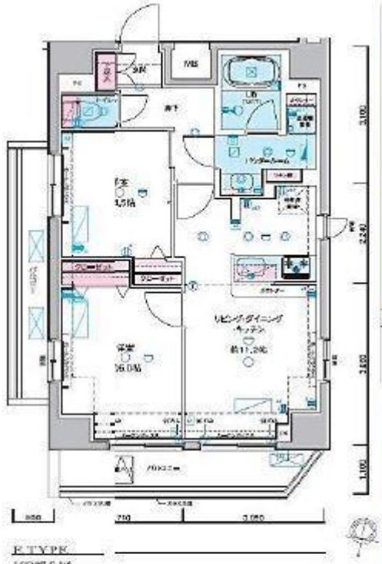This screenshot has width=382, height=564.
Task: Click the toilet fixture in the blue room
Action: click(x=90, y=112)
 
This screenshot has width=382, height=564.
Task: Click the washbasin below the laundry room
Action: click(x=241, y=181)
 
